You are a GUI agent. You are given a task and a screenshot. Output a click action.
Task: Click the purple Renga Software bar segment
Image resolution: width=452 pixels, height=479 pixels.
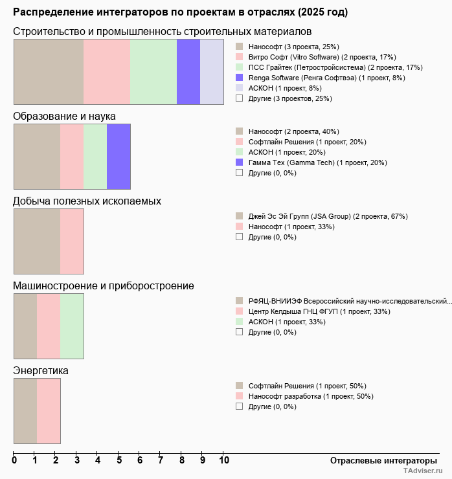pyautogui.click(x=188, y=72)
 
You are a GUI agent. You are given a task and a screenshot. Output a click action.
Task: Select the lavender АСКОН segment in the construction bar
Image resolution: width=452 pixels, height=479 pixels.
pyautogui.click(x=212, y=72)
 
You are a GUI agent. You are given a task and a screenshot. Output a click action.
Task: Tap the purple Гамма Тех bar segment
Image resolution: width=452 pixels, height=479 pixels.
pyautogui.click(x=119, y=156)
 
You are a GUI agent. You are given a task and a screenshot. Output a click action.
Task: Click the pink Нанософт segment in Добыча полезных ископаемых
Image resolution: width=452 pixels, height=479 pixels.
pyautogui.click(x=72, y=241)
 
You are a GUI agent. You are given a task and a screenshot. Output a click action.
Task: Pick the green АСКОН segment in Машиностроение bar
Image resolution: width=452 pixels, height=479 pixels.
pyautogui.click(x=72, y=326)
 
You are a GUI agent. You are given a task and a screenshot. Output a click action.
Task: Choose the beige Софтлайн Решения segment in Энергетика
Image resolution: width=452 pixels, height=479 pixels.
pyautogui.click(x=25, y=411)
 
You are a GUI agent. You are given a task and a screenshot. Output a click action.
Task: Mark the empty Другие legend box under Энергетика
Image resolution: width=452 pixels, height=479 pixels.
pyautogui.click(x=240, y=407)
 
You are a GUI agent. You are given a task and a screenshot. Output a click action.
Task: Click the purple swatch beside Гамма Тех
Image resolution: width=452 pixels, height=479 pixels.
pyautogui.click(x=240, y=162)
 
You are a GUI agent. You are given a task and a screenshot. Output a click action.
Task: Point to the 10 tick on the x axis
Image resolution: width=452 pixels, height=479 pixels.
pyautogui.click(x=224, y=460)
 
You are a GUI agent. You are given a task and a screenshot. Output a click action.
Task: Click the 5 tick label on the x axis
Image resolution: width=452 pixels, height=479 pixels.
pyautogui.click(x=119, y=460)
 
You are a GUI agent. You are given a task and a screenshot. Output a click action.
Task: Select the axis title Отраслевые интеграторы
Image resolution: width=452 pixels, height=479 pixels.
pyautogui.click(x=379, y=460)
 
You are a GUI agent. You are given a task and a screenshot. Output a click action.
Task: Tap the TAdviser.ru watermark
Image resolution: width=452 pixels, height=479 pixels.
pyautogui.click(x=424, y=472)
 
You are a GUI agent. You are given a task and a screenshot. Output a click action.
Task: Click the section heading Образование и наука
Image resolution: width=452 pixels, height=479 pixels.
pyautogui.click(x=64, y=116)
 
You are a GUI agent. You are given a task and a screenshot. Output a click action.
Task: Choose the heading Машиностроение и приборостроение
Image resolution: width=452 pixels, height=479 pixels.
pyautogui.click(x=104, y=285)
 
